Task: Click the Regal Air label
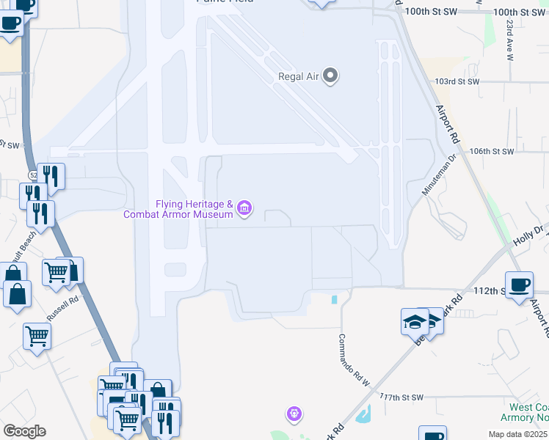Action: (299, 76)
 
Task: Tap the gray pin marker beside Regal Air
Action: (330, 76)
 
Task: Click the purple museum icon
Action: (244, 210)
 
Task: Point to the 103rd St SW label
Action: (457, 81)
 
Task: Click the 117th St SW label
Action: (402, 397)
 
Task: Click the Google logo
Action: (24, 431)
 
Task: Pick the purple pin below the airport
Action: (294, 414)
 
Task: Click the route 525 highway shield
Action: (33, 175)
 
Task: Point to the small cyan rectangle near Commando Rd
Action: (335, 299)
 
